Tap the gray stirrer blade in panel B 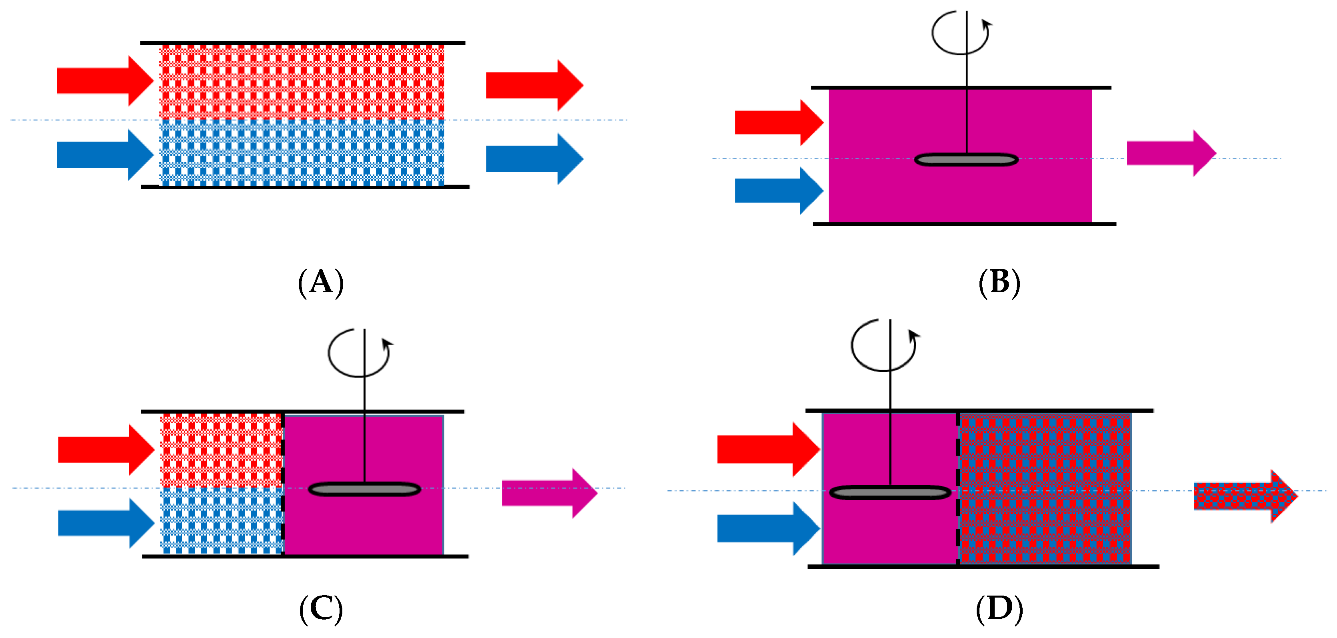[x=966, y=159]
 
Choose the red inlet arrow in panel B [x=779, y=122]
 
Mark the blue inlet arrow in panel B [x=779, y=191]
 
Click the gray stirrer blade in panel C [x=364, y=489]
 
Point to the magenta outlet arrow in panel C [x=550, y=493]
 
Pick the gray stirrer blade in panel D [x=890, y=492]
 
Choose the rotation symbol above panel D [x=883, y=345]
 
